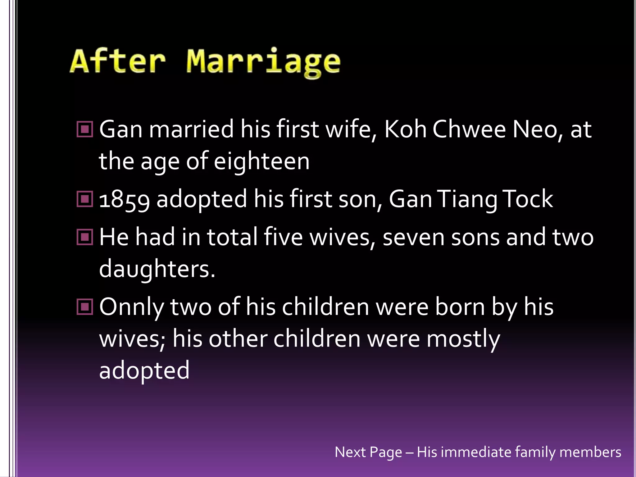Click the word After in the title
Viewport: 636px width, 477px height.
pyautogui.click(x=118, y=61)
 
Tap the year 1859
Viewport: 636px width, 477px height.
pyautogui.click(x=124, y=199)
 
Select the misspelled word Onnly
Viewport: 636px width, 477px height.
pyautogui.click(x=131, y=307)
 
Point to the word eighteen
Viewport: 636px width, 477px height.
pyautogui.click(x=262, y=161)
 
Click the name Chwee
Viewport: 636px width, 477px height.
pyautogui.click(x=469, y=129)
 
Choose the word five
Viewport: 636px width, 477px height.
pyautogui.click(x=283, y=237)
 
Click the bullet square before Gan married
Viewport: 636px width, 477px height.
pyautogui.click(x=84, y=129)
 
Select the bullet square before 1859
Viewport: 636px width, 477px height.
pyautogui.click(x=84, y=199)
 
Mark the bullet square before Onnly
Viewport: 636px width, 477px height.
pyautogui.click(x=84, y=307)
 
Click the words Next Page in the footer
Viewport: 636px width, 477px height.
pyautogui.click(x=368, y=452)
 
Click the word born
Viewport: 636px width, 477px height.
pyautogui.click(x=460, y=307)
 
